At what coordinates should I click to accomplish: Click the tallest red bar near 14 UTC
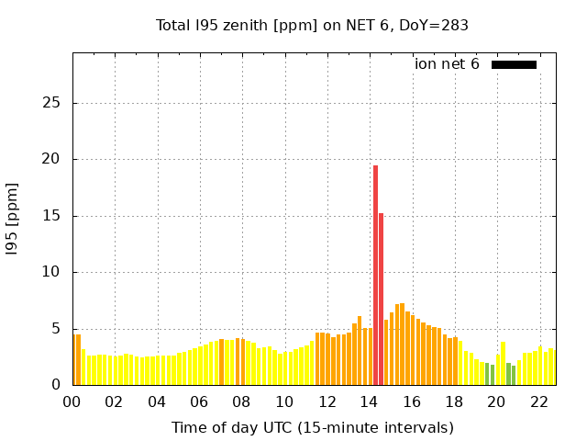pyautogui.click(x=375, y=276)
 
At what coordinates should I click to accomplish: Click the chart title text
pyautogui.click(x=312, y=26)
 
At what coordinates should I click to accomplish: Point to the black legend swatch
pyautogui.click(x=514, y=64)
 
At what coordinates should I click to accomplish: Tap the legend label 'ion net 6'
pyautogui.click(x=447, y=64)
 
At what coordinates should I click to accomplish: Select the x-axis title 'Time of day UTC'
pyautogui.click(x=312, y=427)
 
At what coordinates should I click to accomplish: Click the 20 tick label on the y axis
pyautogui.click(x=52, y=159)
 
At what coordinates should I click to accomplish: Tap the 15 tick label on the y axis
pyautogui.click(x=52, y=216)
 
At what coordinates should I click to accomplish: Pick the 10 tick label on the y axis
pyautogui.click(x=52, y=272)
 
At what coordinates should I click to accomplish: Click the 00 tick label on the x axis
pyautogui.click(x=72, y=401)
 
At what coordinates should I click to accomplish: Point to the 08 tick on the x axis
pyautogui.click(x=242, y=401)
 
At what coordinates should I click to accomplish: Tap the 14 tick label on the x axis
pyautogui.click(x=369, y=401)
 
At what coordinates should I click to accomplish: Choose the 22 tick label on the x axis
pyautogui.click(x=538, y=401)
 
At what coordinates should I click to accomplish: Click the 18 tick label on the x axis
pyautogui.click(x=454, y=401)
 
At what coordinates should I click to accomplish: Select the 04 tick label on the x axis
pyautogui.click(x=157, y=401)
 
